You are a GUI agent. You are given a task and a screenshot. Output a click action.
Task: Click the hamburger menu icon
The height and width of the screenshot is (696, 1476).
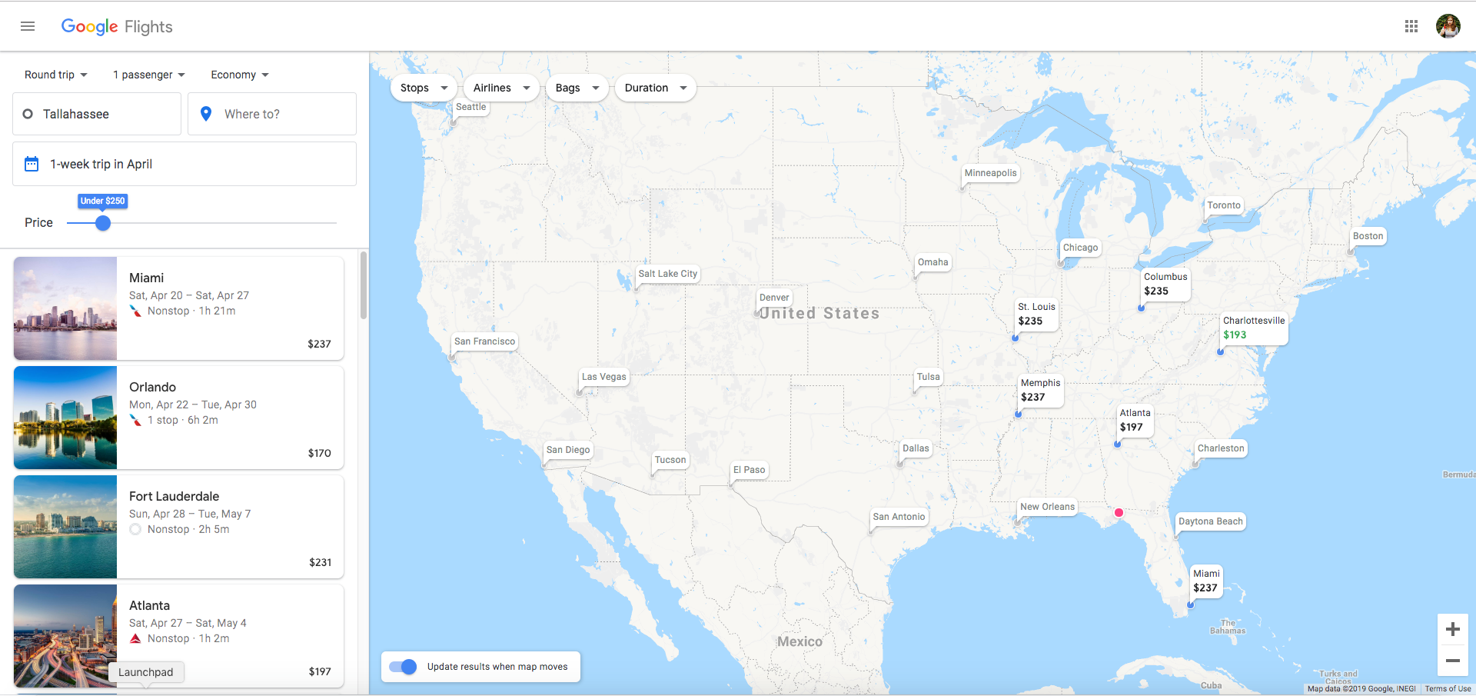tap(28, 26)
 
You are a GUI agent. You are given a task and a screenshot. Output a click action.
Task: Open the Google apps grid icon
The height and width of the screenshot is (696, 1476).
tap(1411, 26)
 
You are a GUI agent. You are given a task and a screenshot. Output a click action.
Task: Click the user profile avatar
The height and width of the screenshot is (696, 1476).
tap(1448, 26)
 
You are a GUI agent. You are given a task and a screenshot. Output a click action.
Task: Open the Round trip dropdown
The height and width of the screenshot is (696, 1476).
tap(56, 75)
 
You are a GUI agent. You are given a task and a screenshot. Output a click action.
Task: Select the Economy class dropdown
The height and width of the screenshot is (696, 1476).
tap(240, 75)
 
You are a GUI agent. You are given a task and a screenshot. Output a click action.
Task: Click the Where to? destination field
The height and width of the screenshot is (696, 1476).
tap(272, 114)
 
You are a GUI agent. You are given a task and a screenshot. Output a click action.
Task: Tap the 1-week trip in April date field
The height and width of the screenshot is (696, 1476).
tap(184, 164)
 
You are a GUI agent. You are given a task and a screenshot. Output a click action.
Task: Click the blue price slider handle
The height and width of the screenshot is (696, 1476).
tap(103, 223)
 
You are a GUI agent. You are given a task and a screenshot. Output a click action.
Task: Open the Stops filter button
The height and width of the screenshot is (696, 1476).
tap(424, 88)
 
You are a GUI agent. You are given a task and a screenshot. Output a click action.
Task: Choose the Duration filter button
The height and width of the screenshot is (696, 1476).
tap(655, 88)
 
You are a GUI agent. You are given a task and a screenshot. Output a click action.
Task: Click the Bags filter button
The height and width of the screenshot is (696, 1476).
tap(577, 88)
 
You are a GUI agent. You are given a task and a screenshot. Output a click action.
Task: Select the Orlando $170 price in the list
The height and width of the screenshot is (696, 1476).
tap(319, 453)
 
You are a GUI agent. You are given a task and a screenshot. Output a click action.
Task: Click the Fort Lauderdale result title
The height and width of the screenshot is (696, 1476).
tap(175, 496)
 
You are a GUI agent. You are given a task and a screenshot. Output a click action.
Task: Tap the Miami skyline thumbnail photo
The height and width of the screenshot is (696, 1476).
tap(65, 308)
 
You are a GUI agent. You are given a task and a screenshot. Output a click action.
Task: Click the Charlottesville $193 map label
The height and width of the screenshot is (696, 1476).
tap(1253, 328)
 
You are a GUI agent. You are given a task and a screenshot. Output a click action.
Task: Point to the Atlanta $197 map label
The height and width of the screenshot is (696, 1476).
tap(1135, 420)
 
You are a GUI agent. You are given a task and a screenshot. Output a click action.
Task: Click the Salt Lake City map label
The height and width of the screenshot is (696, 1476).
tap(667, 274)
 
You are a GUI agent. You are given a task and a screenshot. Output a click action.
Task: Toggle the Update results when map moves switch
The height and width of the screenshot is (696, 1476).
tap(403, 667)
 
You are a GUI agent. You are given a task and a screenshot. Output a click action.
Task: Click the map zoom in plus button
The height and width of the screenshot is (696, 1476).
tap(1452, 629)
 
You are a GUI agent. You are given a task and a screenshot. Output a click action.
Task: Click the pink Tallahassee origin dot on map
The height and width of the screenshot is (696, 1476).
tap(1119, 512)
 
